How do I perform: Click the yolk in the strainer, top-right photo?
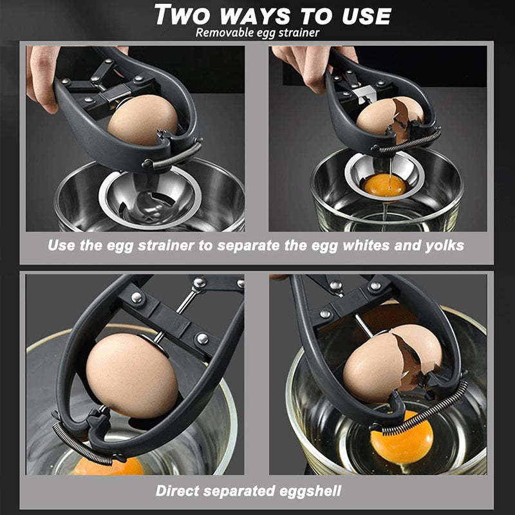pos(386,186)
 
